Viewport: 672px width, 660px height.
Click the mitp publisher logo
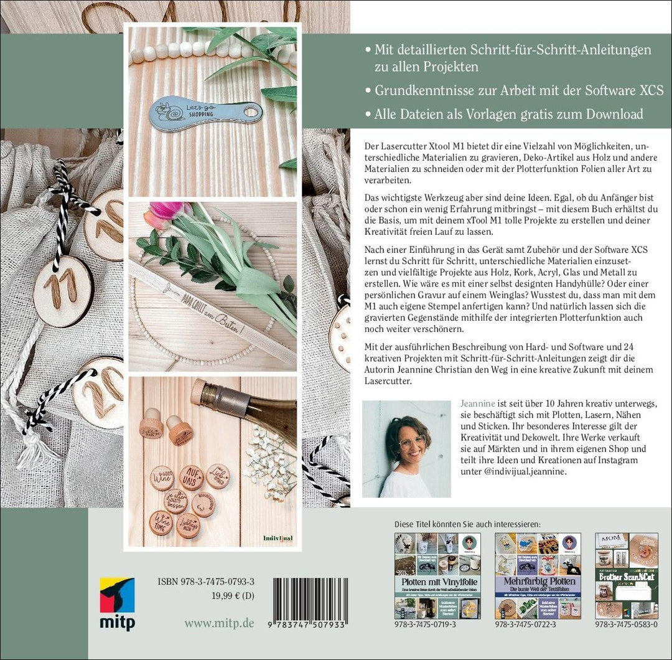point(117,603)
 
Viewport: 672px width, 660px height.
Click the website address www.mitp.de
point(218,623)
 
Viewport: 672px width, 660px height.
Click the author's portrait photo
point(406,448)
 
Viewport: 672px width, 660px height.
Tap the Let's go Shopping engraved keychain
point(205,113)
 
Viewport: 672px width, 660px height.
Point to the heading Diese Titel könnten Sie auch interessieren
point(467,522)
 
